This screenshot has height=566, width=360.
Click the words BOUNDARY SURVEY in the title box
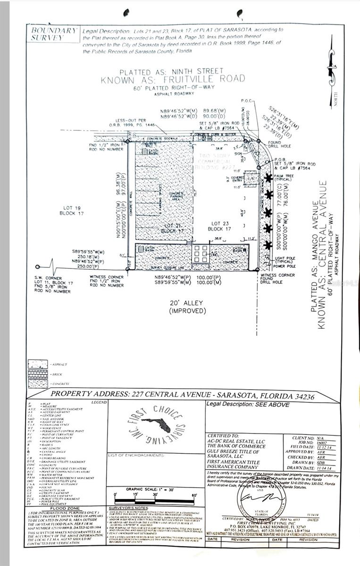[x=53, y=34]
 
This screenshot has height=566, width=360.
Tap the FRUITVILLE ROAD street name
[x=173, y=79]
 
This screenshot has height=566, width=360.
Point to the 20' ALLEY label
[x=188, y=307]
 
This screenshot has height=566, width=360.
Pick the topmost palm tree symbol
[x=268, y=178]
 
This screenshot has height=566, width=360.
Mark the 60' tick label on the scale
[x=194, y=495]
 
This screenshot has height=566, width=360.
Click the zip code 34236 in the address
[x=301, y=396]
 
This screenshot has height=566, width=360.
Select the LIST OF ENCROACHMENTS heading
[x=136, y=456]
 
